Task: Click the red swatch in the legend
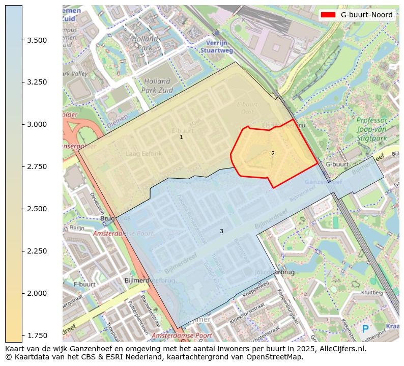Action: click(328, 15)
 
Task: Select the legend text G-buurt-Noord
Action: click(366, 15)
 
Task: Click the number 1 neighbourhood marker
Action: click(181, 137)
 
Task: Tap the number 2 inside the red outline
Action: click(273, 153)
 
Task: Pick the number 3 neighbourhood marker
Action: click(221, 231)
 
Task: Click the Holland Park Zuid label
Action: click(157, 86)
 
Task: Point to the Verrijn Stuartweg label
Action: click(217, 47)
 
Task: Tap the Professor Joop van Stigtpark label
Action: click(371, 129)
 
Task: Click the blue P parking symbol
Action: click(365, 329)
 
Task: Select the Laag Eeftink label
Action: click(143, 153)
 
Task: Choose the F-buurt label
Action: click(84, 284)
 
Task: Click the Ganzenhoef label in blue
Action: click(322, 182)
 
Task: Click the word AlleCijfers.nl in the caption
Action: click(339, 349)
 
